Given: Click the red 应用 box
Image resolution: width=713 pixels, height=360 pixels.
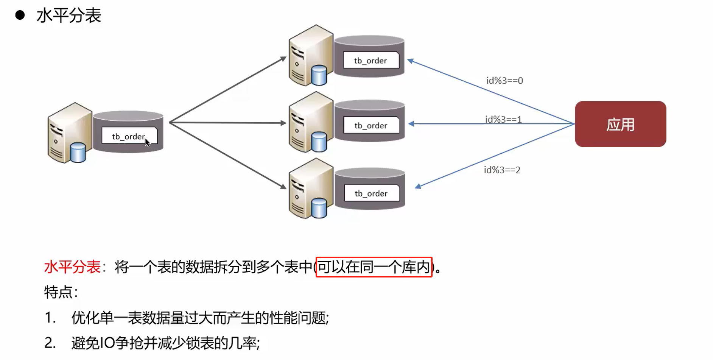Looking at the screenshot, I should pos(620,124).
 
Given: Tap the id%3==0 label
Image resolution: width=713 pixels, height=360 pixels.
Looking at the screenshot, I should pos(504,81).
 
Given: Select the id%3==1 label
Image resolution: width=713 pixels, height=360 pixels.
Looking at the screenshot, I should pos(503,120).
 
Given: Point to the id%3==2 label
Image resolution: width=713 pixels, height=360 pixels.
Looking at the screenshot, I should pos(502,170).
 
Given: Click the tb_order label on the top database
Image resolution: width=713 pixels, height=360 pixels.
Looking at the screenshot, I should pos(371,61).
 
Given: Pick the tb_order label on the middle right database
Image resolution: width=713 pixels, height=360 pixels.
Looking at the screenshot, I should pos(371,126).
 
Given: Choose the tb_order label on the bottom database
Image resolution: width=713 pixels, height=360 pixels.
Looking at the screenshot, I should pos(371,193).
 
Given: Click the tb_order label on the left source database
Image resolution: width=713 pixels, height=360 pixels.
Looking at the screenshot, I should pos(128,136).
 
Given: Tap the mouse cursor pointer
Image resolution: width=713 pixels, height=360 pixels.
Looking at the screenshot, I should pos(147,142).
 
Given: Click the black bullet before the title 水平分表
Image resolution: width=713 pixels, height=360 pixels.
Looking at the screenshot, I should pos(20,15).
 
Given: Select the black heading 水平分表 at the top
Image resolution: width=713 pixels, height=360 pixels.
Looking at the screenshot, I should pos(69,16).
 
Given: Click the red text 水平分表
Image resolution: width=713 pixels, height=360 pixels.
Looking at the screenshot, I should pos(72,267).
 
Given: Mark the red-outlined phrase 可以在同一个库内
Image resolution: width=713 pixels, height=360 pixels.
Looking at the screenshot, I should pos(374,267).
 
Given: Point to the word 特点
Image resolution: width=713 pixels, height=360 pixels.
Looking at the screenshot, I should pos(58,292).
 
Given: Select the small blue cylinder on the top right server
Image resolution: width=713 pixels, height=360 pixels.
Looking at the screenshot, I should pos(319,75).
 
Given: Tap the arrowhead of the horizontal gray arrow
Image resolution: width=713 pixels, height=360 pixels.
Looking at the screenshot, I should pos(283,123).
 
